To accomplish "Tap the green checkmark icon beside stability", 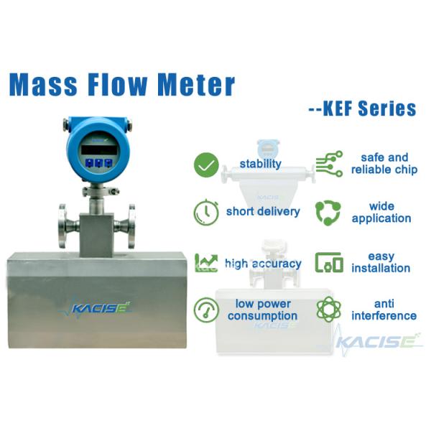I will (x=206, y=165).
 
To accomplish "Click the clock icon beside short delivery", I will (x=206, y=212).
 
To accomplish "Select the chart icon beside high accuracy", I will (x=206, y=263).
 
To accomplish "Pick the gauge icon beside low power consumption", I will (x=206, y=310).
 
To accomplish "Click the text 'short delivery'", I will (x=263, y=212).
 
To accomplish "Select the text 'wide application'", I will (x=381, y=213).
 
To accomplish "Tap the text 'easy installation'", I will (x=381, y=262).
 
